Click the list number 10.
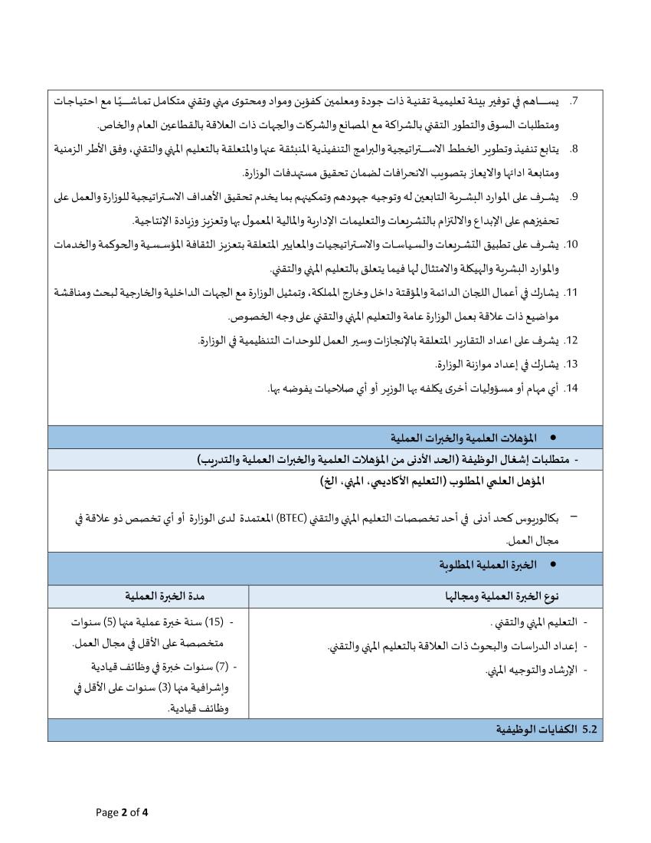tap(571, 244)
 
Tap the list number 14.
tap(571, 388)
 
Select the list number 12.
tap(571, 340)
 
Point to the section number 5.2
tap(589, 729)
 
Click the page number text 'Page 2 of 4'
tap(122, 812)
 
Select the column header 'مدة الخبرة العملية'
tap(149, 596)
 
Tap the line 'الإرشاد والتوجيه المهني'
tap(534, 671)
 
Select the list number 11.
tap(571, 292)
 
